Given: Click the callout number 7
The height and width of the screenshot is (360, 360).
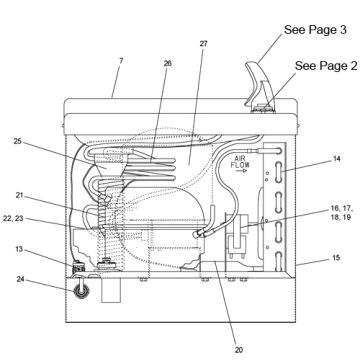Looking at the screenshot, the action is pyautogui.click(x=121, y=61).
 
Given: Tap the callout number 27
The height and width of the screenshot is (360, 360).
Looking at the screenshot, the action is pyautogui.click(x=204, y=44).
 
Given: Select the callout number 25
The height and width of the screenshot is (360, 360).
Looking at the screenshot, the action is pyautogui.click(x=18, y=141).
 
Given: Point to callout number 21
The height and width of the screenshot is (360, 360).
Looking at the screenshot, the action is pyautogui.click(x=19, y=196).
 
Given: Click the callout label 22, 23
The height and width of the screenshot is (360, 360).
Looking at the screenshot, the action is pyautogui.click(x=14, y=219).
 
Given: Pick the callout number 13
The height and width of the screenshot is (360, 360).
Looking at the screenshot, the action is pyautogui.click(x=19, y=249).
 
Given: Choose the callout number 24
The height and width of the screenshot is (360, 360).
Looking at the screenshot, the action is pyautogui.click(x=21, y=279).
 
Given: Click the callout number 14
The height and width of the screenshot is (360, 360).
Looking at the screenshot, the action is pyautogui.click(x=337, y=159).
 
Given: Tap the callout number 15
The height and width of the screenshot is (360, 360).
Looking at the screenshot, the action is pyautogui.click(x=336, y=258).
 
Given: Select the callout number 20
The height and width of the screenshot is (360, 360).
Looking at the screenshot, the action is pyautogui.click(x=239, y=350).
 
